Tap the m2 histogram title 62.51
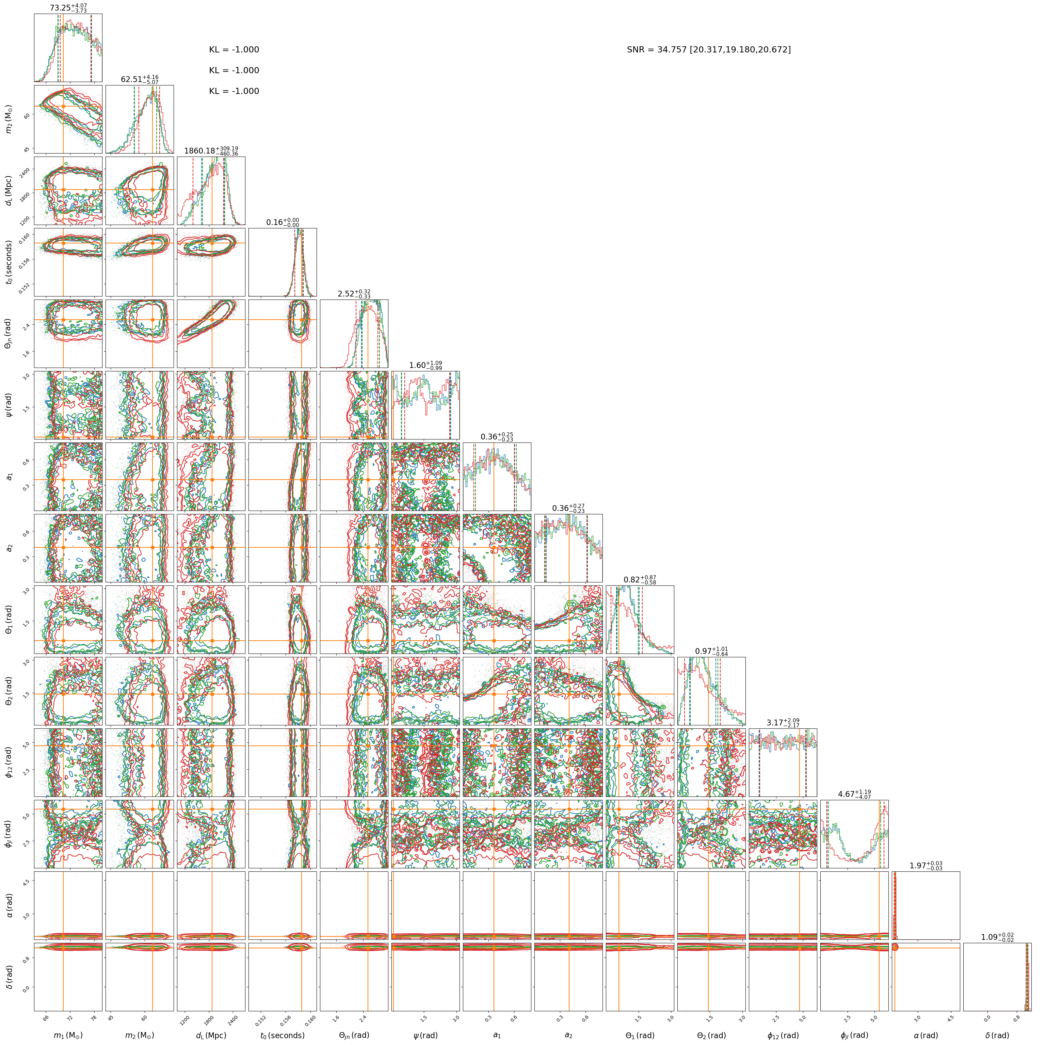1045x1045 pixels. click(140, 80)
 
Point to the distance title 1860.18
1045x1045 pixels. click(211, 151)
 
